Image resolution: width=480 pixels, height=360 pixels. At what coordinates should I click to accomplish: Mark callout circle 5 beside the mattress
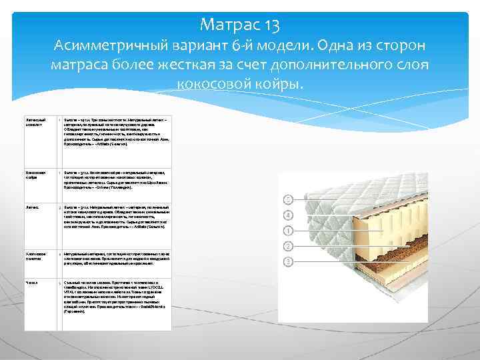pos(289,199)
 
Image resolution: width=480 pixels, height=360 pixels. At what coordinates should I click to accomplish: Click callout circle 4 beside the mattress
pos(289,215)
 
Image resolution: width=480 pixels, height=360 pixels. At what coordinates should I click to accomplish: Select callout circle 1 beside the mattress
pos(289,230)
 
